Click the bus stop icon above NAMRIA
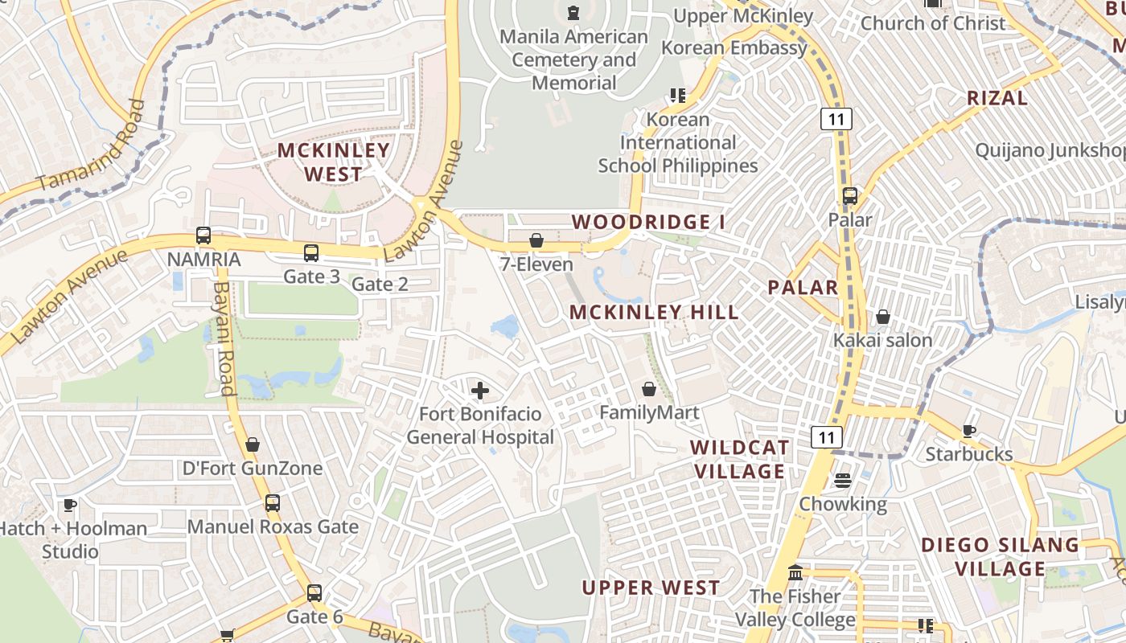(x=203, y=236)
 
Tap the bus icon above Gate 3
(x=311, y=253)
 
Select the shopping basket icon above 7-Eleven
(x=536, y=240)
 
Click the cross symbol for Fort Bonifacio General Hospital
(x=480, y=391)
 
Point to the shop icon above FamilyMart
(x=649, y=390)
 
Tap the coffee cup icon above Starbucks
(x=969, y=431)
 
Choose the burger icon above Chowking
(x=843, y=481)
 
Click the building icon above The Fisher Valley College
(x=795, y=573)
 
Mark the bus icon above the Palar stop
(x=849, y=196)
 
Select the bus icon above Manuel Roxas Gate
(x=273, y=503)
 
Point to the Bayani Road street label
(x=224, y=338)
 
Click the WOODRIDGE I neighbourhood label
(x=642, y=222)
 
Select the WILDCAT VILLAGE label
(x=738, y=459)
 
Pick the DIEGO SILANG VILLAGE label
(x=1001, y=556)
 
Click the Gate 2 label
(x=380, y=284)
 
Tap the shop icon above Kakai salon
(x=882, y=317)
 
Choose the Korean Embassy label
(x=734, y=47)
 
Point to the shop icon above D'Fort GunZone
(x=253, y=444)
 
